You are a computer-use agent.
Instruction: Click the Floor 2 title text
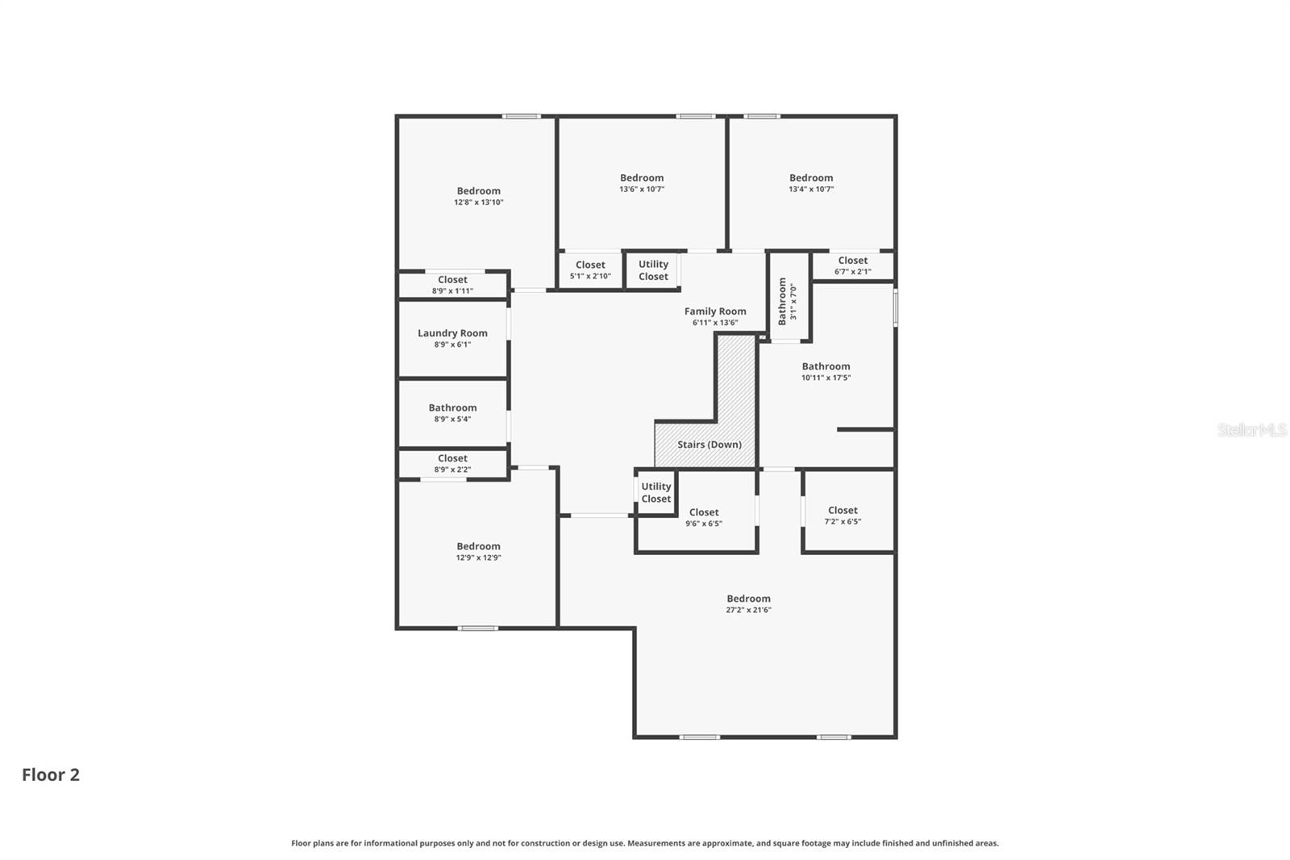coord(51,774)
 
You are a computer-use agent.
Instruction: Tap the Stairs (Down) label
coord(709,445)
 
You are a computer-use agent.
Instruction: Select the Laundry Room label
coord(452,333)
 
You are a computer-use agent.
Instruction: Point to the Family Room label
coord(715,311)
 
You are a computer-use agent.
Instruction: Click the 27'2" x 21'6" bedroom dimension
coord(748,610)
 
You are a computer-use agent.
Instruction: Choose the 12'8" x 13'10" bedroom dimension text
coord(479,202)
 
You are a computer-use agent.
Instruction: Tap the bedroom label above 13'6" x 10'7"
coord(642,178)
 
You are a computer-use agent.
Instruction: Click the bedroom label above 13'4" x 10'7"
coord(811,178)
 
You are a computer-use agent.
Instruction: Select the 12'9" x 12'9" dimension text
coord(479,557)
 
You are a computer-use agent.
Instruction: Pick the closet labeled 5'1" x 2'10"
coord(590,270)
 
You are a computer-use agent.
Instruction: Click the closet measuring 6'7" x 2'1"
coord(852,266)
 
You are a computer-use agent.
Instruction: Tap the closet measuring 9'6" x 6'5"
coord(697,511)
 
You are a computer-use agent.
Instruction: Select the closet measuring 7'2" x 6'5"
coord(848,510)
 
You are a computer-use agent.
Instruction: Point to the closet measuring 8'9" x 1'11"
coord(452,285)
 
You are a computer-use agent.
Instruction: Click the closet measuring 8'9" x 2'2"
coord(452,463)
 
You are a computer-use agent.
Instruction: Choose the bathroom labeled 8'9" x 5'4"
coord(452,413)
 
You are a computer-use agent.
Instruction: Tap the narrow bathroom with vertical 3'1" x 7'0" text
coord(789,297)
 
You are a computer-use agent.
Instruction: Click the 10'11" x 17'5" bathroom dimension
coord(826,378)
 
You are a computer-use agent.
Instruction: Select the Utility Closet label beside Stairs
coord(656,493)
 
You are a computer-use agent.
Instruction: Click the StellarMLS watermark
coord(1252,430)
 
